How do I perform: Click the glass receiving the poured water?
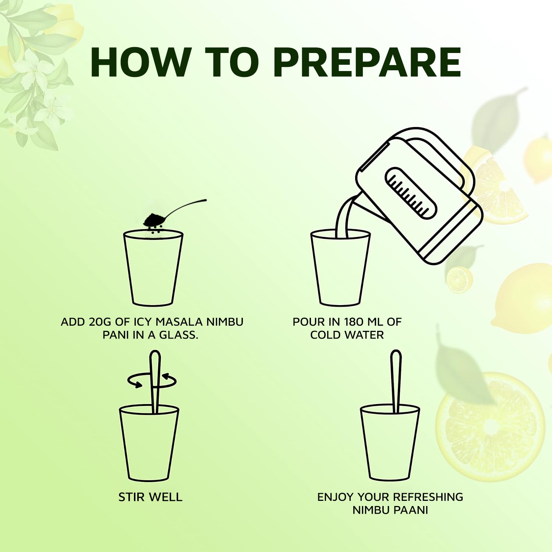(x=340, y=272)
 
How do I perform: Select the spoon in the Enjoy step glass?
(x=395, y=379)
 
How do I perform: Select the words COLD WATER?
(x=347, y=335)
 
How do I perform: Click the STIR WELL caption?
(x=150, y=497)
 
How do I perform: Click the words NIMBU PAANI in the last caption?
(x=390, y=510)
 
